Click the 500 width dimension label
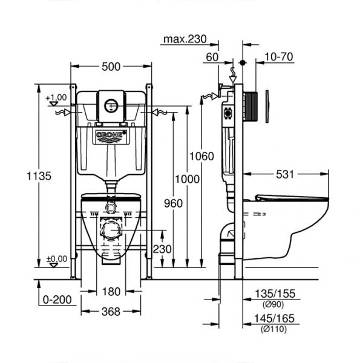pyautogui.click(x=111, y=67)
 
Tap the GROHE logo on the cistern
pyautogui.click(x=111, y=136)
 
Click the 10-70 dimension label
pyautogui.click(x=279, y=57)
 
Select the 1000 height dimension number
pyautogui.click(x=186, y=179)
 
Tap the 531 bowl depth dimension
pyautogui.click(x=284, y=174)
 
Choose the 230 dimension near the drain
pyautogui.click(x=161, y=249)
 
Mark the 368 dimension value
pyautogui.click(x=111, y=312)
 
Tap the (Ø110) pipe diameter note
pyautogui.click(x=273, y=329)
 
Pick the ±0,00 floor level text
pyautogui.click(x=56, y=258)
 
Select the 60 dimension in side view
pyautogui.click(x=212, y=57)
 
